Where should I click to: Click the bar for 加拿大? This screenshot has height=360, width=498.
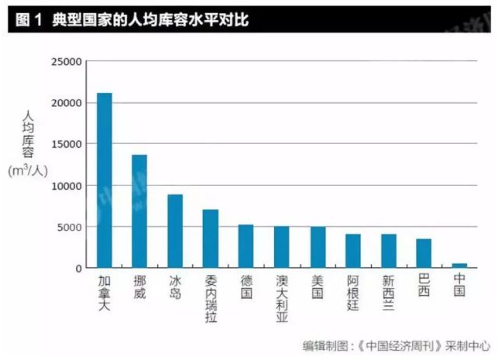click(104, 180)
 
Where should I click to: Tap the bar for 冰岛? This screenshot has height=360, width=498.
click(175, 231)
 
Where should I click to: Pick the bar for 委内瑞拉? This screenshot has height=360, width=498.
click(211, 238)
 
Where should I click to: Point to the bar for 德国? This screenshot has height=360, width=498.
click(246, 246)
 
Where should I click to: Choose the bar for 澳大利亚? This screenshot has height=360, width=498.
click(282, 247)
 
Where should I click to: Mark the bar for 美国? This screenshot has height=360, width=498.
click(318, 247)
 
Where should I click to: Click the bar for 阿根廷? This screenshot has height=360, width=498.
click(353, 251)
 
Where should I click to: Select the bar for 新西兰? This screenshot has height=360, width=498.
click(389, 251)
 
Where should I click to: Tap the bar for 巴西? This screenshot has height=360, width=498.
click(424, 253)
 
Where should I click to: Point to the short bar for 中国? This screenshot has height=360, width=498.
click(460, 266)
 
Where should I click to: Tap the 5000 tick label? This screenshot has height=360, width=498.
click(69, 227)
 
